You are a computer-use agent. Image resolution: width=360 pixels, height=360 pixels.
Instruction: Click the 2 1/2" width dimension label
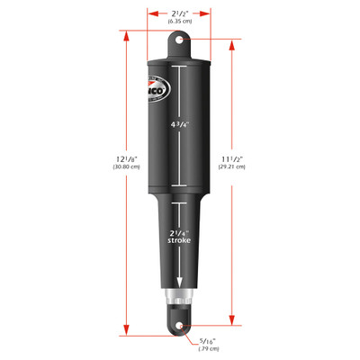(180, 12)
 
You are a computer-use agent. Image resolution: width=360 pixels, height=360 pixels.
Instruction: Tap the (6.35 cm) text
(180, 22)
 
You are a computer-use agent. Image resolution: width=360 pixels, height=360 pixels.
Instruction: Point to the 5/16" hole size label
(209, 340)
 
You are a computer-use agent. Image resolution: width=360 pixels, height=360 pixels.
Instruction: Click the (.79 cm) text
(209, 350)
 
